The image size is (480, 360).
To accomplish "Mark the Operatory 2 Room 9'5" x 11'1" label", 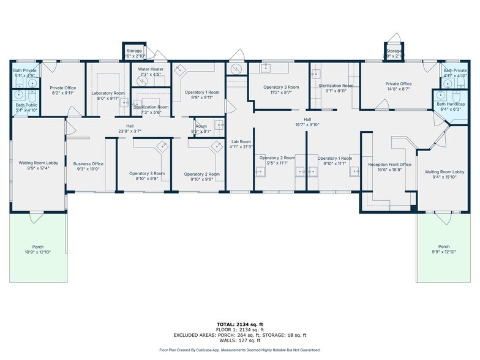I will (x=277, y=161).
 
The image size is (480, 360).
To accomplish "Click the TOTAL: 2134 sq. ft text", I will (x=240, y=324).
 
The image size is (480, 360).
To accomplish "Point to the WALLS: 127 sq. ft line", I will (x=240, y=340).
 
